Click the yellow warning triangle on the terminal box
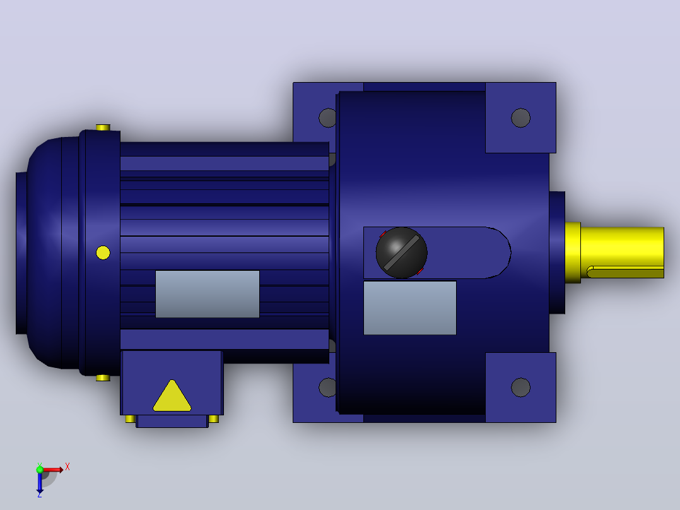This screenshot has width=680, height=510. click(x=172, y=397)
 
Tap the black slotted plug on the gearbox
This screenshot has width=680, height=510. click(x=402, y=252)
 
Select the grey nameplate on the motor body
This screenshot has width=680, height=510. click(x=208, y=294)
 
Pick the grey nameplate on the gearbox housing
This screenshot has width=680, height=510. click(x=410, y=308)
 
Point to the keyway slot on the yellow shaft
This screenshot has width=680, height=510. click(x=625, y=271)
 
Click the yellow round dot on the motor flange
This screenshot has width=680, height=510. click(x=103, y=252)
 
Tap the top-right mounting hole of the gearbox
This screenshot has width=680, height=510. click(x=520, y=117)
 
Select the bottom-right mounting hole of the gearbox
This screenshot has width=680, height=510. click(x=520, y=388)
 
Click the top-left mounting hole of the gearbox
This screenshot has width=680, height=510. click(x=327, y=118)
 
